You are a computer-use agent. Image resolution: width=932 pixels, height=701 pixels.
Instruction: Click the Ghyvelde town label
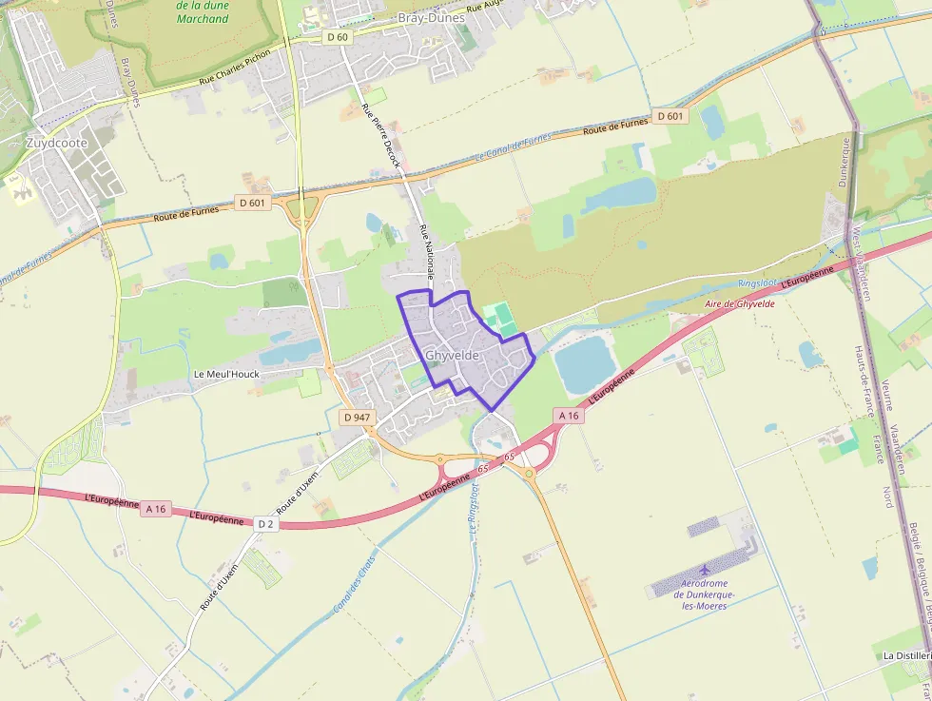tap(452, 356)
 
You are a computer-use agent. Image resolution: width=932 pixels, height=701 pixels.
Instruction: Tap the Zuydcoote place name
tap(57, 144)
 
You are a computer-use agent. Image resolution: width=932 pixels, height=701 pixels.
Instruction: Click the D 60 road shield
tap(338, 37)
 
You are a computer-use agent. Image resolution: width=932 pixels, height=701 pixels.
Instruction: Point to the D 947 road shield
tap(357, 418)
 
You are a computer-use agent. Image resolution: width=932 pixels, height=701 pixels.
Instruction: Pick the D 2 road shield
tap(265, 524)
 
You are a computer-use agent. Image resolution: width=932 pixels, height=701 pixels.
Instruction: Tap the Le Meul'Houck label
tap(226, 374)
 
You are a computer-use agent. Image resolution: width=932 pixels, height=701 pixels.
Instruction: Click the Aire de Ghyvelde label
tap(740, 304)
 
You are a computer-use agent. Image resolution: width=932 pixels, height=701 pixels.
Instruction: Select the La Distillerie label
tap(906, 656)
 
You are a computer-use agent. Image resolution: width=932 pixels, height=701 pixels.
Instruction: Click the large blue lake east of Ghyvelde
tap(585, 364)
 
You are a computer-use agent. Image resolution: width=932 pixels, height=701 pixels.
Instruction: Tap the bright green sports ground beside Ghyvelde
tap(501, 319)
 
